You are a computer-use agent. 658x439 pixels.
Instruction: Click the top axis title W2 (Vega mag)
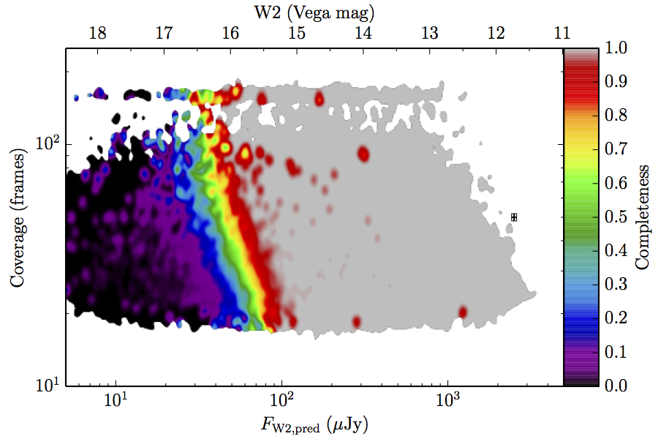[x=314, y=12]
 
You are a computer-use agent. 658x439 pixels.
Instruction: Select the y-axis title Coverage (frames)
[x=18, y=217]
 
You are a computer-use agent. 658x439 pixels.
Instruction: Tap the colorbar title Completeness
[x=642, y=217]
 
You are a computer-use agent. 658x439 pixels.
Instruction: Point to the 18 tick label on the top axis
[x=98, y=33]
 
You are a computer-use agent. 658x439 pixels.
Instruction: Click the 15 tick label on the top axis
[x=297, y=33]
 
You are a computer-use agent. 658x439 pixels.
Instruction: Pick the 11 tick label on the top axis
[x=562, y=33]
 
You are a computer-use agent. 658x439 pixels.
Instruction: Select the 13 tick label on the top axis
[x=429, y=33]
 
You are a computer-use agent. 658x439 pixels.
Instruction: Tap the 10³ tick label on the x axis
[x=446, y=399]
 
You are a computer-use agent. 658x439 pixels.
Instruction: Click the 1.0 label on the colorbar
[x=616, y=48]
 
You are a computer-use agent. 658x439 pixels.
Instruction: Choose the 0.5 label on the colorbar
[x=616, y=217]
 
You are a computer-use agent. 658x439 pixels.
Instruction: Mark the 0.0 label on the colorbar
[x=616, y=386]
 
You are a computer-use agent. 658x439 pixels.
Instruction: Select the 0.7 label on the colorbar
[x=616, y=149]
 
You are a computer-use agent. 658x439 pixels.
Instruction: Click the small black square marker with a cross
[x=514, y=217]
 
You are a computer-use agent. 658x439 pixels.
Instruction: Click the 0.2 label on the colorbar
[x=616, y=318]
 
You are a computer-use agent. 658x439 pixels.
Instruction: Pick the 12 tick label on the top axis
[x=496, y=33]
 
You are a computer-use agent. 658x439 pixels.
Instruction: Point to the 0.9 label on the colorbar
[x=616, y=81]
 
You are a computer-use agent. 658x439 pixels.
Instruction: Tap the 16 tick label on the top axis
[x=230, y=33]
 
